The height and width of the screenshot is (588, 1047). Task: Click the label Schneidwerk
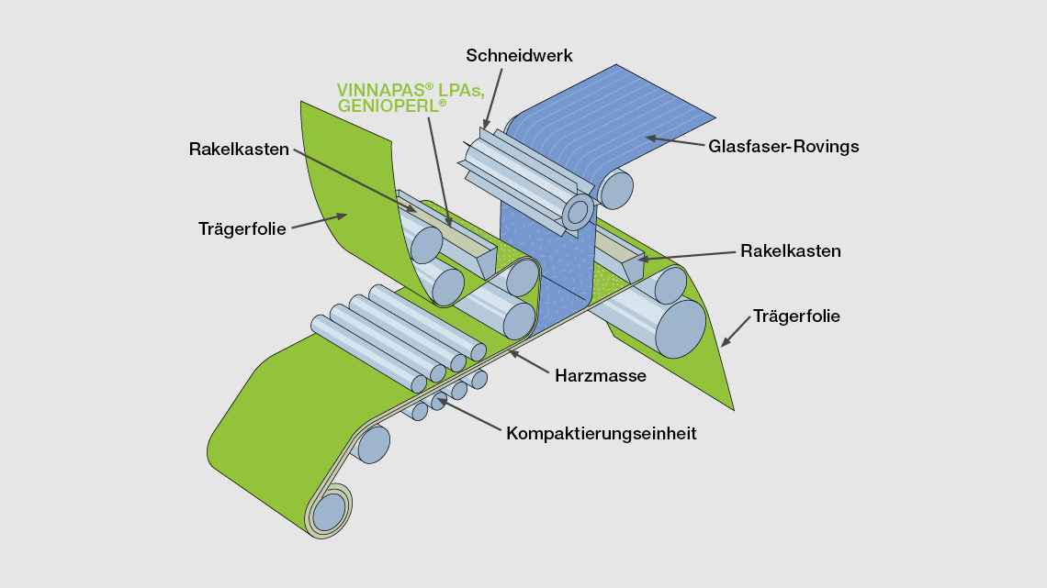click(x=519, y=56)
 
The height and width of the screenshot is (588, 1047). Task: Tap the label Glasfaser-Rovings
click(x=782, y=146)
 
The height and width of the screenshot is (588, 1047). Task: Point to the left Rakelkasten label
click(x=239, y=149)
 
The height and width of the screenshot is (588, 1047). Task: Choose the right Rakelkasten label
click(x=791, y=250)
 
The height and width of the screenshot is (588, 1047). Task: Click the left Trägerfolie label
click(x=242, y=228)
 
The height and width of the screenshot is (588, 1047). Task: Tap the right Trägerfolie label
click(x=796, y=316)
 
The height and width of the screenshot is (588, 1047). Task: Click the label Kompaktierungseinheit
click(x=601, y=433)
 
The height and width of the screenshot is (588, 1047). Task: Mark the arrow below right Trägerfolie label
click(x=735, y=332)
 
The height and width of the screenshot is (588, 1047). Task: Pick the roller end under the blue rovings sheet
click(x=616, y=189)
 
